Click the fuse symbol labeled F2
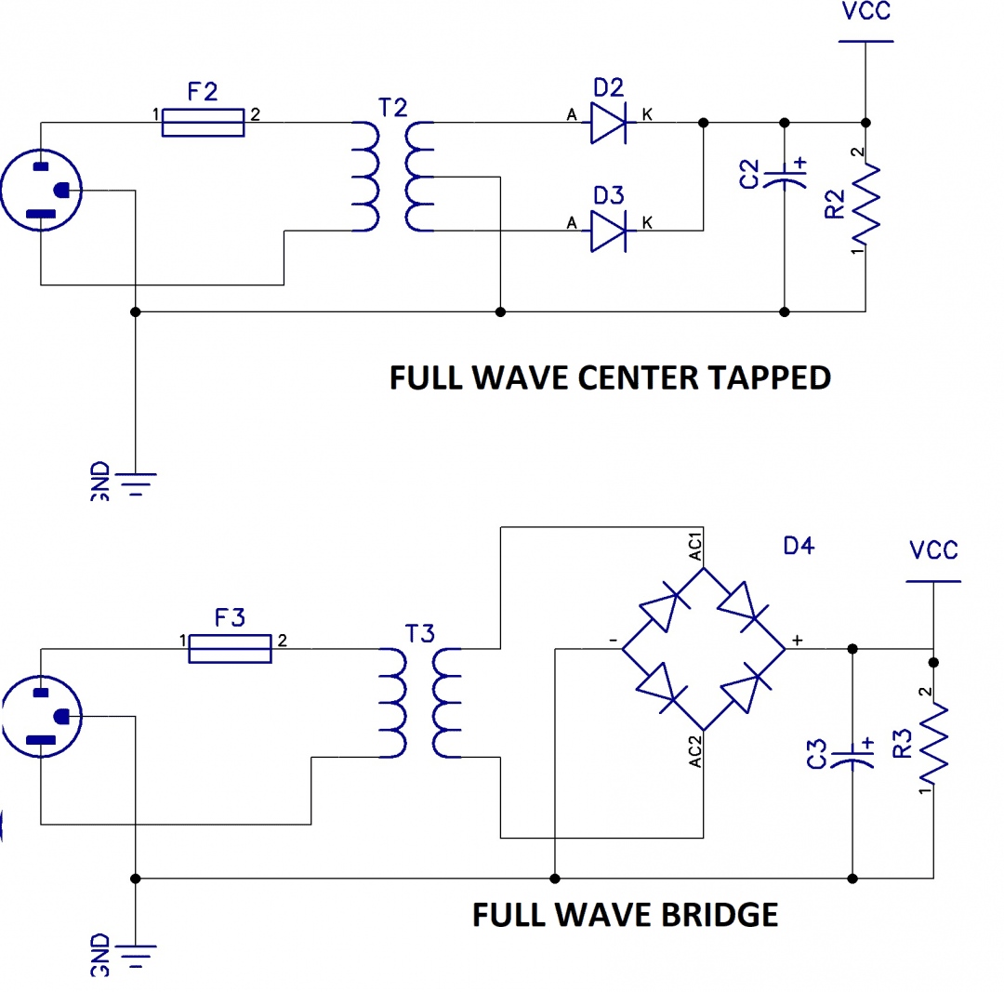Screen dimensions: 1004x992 point(203,123)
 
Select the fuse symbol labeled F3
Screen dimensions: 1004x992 point(230,649)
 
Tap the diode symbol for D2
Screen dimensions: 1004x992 point(608,123)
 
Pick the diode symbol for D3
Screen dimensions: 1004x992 point(608,231)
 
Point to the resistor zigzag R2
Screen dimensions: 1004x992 point(865,205)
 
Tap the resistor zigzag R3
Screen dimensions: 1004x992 point(933,744)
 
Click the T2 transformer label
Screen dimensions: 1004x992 point(392,108)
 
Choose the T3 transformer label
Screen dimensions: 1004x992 point(420,634)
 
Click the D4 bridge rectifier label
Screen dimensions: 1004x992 point(799,546)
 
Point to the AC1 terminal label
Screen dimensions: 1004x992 point(695,547)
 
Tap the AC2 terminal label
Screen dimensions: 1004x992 point(695,752)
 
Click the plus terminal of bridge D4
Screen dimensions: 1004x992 point(798,640)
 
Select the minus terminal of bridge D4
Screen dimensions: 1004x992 point(613,641)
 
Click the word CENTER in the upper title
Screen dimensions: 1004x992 point(637,377)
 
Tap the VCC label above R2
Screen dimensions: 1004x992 point(865,11)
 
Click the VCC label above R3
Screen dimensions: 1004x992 point(933,550)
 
